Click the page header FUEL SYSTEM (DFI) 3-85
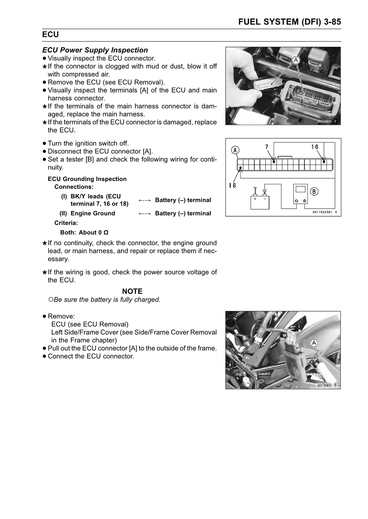[x=289, y=22]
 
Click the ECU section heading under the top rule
[x=51, y=35]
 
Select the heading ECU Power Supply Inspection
[x=95, y=50]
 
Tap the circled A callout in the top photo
[x=296, y=60]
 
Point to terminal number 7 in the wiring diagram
[x=267, y=147]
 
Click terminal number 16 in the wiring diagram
[x=314, y=147]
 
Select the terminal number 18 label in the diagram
[x=232, y=185]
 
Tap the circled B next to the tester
[x=314, y=192]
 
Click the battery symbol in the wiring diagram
[x=260, y=202]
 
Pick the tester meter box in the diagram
[x=300, y=194]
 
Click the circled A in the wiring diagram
[x=236, y=150]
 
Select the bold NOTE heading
[x=132, y=291]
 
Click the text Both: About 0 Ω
[x=84, y=232]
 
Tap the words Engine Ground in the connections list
[x=93, y=213]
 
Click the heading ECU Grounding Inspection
[x=87, y=179]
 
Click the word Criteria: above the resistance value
[x=66, y=223]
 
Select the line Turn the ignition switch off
[x=88, y=143]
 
